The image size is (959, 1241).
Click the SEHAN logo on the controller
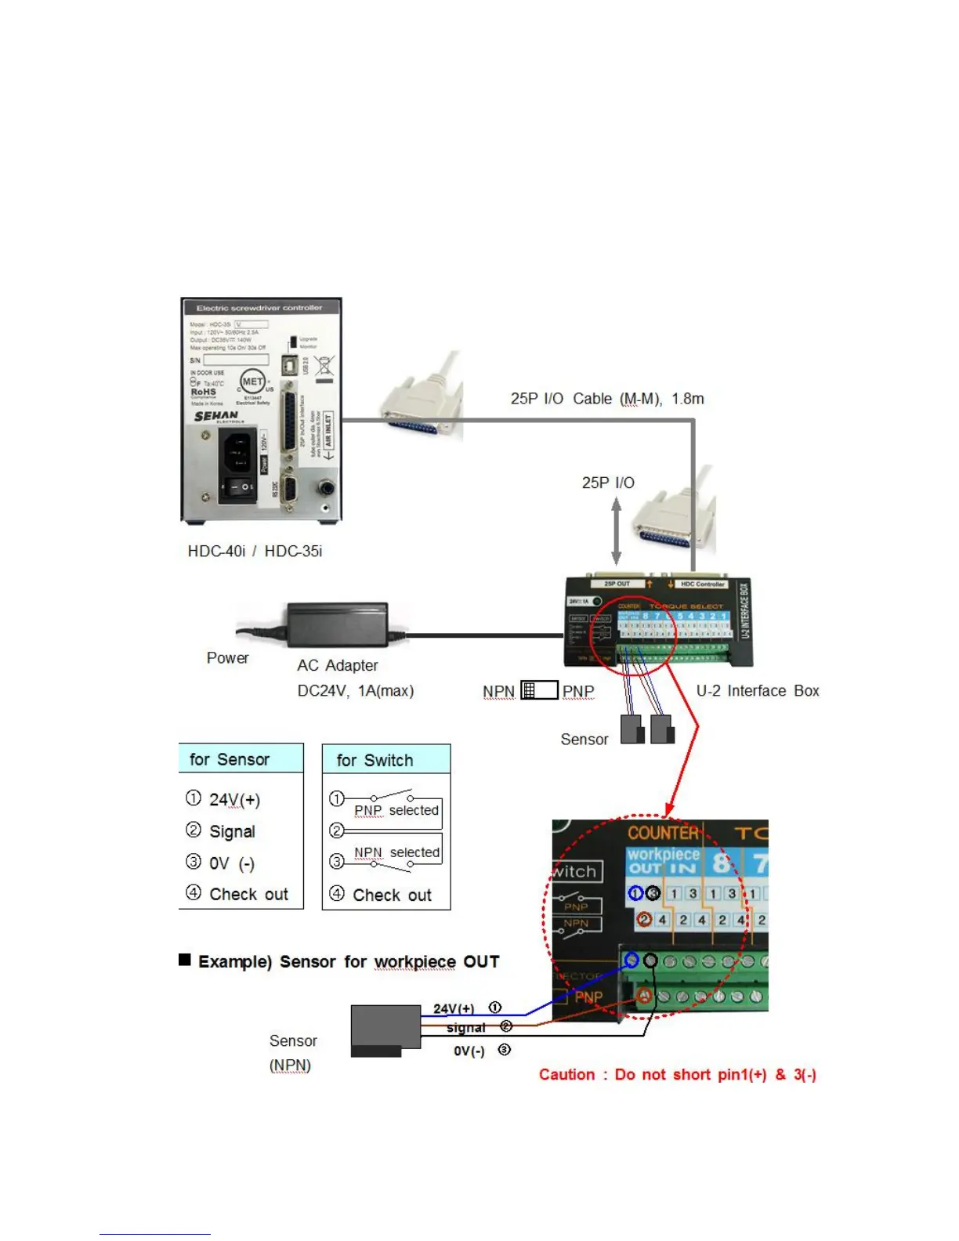coord(215,417)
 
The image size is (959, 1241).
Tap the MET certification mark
coord(252,382)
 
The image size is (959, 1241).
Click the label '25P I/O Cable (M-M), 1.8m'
coord(607,399)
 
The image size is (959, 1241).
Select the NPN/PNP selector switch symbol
coord(539,690)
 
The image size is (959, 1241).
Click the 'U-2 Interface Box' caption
coord(757,691)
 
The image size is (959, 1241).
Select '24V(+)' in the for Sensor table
coord(234,800)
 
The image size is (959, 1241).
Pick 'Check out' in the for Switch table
coord(392,895)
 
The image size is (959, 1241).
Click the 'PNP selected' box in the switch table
coord(396,811)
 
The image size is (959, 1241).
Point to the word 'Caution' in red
coord(566,1075)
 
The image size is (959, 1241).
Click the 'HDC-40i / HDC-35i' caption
coord(255,552)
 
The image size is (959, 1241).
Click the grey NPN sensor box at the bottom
coord(385,1029)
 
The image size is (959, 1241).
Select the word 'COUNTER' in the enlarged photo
coord(663,833)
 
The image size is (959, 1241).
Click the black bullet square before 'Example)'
coord(185,960)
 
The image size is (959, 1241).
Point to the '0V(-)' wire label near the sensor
coord(469,1051)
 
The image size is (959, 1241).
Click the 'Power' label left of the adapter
coord(227,658)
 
